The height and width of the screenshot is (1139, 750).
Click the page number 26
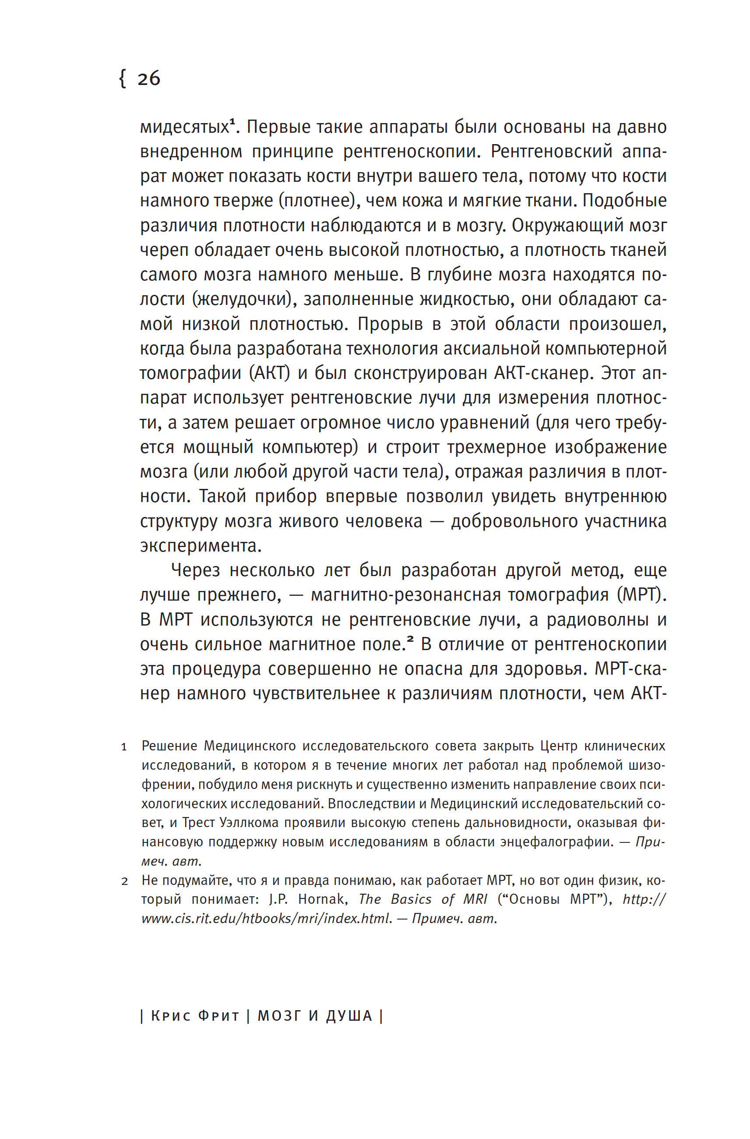click(149, 78)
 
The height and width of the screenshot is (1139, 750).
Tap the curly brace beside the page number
click(123, 78)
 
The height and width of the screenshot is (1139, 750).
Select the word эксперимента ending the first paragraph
click(201, 545)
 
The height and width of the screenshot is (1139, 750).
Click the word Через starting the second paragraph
click(195, 570)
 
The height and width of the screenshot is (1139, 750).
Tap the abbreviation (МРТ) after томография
click(641, 595)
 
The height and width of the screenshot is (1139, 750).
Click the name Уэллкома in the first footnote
click(249, 823)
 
